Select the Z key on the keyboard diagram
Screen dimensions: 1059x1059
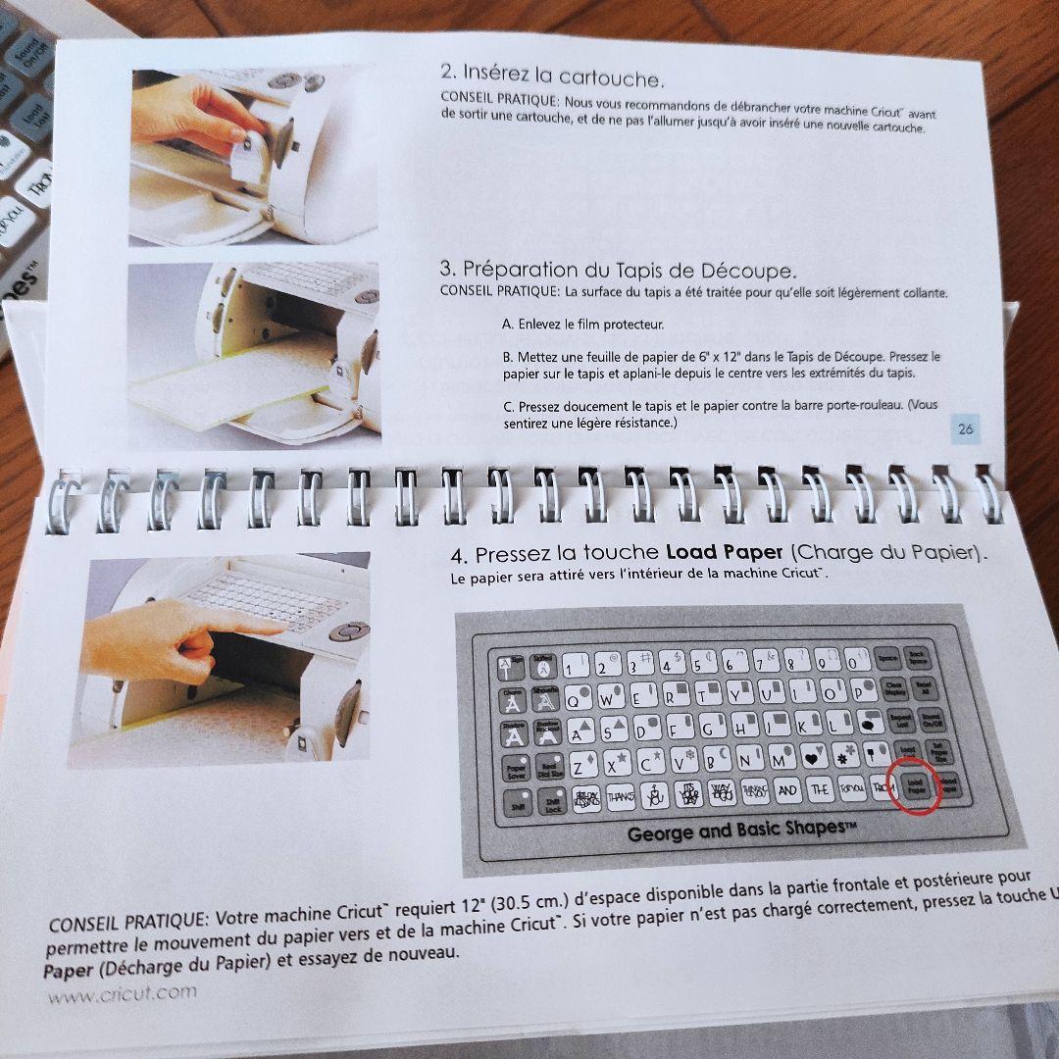point(579,765)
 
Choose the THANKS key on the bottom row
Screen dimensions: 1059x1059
point(620,797)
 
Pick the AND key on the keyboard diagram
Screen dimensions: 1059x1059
point(786,789)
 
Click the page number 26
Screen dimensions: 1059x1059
point(966,428)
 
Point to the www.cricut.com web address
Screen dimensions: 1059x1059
point(123,991)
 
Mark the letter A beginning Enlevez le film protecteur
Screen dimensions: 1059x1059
point(507,324)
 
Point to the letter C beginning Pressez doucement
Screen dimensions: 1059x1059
point(508,405)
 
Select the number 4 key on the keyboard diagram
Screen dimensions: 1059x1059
point(668,665)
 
